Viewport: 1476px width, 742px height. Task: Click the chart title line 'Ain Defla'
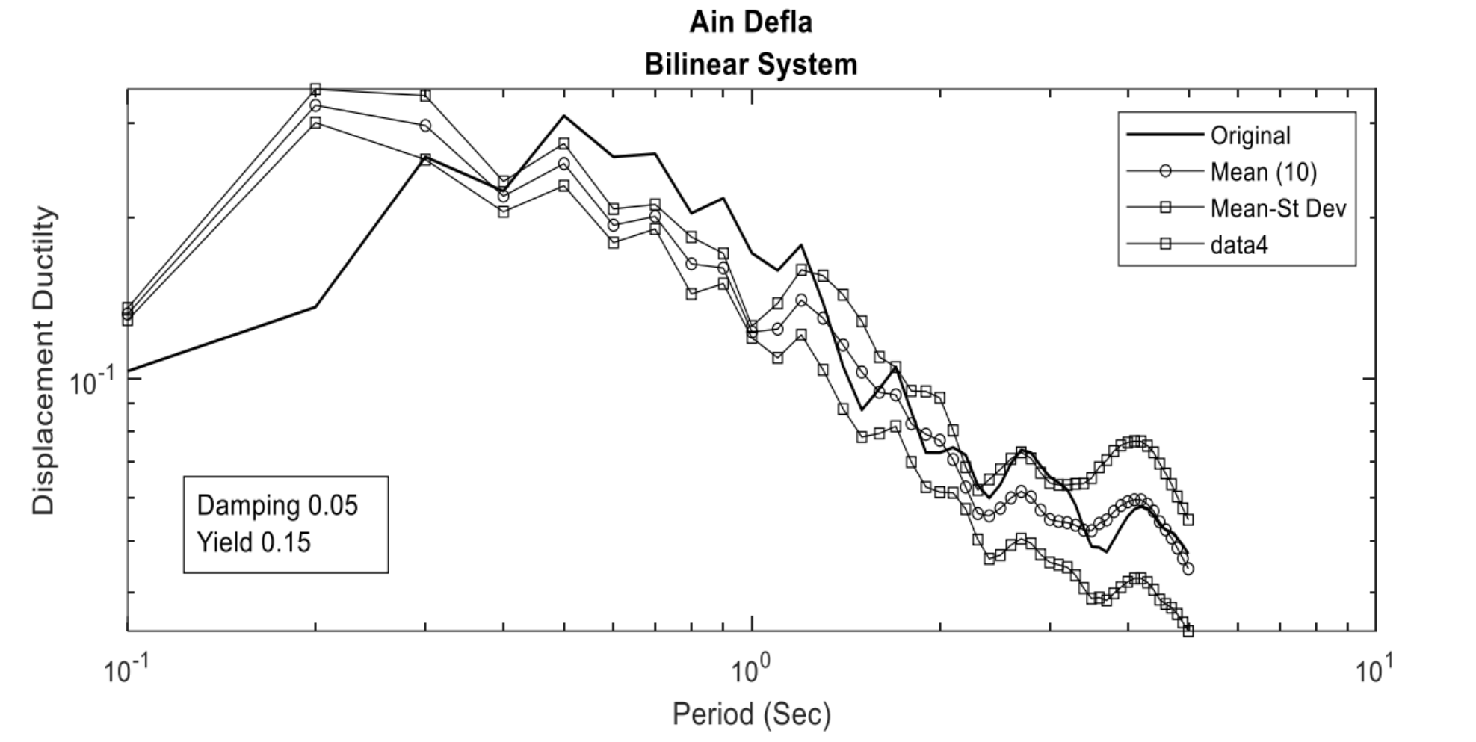(x=750, y=22)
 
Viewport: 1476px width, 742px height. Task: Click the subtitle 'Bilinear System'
(x=750, y=65)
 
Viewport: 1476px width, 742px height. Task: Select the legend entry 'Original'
(x=1250, y=136)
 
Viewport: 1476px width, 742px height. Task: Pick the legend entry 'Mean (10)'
(x=1263, y=172)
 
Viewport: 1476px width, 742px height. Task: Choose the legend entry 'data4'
(x=1239, y=244)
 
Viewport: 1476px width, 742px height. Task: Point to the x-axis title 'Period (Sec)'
(x=751, y=714)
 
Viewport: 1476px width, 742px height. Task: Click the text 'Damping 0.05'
(x=277, y=506)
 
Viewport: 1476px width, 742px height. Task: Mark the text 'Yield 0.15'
(x=253, y=542)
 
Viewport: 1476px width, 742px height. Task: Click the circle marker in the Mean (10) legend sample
(x=1165, y=172)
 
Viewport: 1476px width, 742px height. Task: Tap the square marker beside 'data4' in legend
(x=1165, y=244)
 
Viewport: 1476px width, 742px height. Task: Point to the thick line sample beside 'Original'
(x=1165, y=136)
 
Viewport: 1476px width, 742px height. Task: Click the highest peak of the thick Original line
(x=564, y=116)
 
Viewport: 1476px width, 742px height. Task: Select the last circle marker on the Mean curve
(x=1188, y=569)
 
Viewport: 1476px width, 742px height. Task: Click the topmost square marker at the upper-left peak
(x=315, y=89)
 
